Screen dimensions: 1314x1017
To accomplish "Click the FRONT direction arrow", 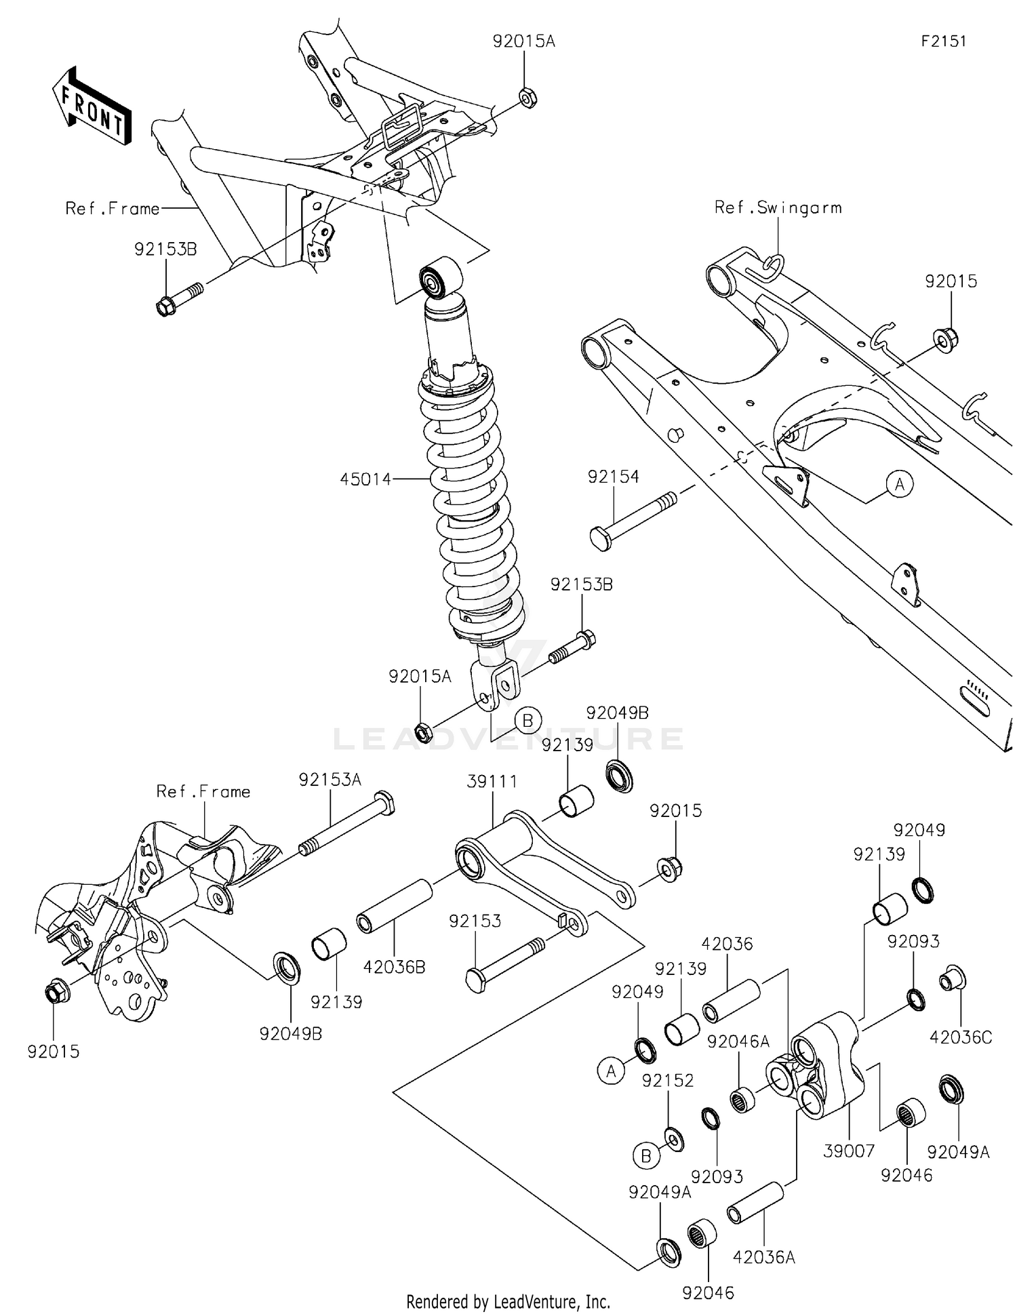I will tap(92, 106).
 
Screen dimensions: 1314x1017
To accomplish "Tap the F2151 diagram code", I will tap(943, 41).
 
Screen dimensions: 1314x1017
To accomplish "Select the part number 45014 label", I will tap(365, 479).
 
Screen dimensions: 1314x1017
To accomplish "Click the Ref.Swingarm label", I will tap(778, 207).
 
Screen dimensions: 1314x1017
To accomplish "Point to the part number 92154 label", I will tap(613, 477).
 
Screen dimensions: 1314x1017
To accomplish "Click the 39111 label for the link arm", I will tap(492, 781).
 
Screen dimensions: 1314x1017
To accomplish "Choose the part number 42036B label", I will tap(394, 967).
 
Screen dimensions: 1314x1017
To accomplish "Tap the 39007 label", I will tap(849, 1151).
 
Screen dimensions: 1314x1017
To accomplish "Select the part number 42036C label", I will tap(960, 1037).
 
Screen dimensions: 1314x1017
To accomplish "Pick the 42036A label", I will tap(763, 1258).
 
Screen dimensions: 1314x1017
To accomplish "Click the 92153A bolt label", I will tap(330, 780).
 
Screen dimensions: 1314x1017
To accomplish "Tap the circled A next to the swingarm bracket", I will tap(900, 484).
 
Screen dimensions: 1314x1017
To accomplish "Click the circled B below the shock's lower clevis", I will tap(528, 720).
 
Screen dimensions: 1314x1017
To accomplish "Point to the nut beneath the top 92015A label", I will tap(527, 98).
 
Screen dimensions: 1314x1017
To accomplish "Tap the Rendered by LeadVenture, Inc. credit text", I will tap(508, 1301).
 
